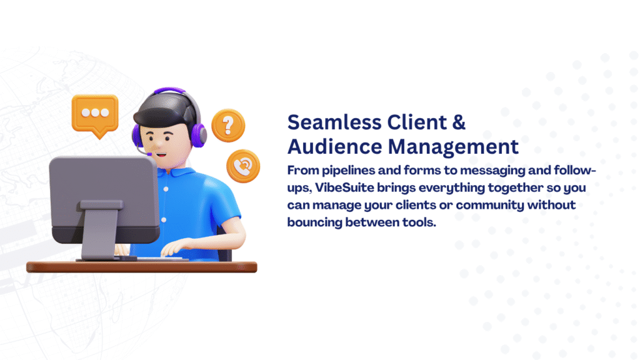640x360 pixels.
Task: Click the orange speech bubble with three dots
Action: (95, 115)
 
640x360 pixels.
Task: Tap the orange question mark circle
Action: (228, 125)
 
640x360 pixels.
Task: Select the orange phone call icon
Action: (243, 166)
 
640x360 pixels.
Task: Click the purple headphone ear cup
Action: (198, 135)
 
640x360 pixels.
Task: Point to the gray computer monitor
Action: (104, 199)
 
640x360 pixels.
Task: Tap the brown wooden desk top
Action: (142, 267)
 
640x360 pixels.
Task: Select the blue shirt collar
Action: (176, 171)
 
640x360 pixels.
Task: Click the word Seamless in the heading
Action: (334, 122)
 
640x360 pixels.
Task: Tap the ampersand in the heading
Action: (459, 122)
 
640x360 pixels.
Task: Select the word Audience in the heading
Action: (335, 146)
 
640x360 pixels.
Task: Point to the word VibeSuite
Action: (344, 187)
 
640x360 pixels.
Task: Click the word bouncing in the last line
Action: (315, 222)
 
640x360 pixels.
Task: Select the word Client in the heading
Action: (417, 122)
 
